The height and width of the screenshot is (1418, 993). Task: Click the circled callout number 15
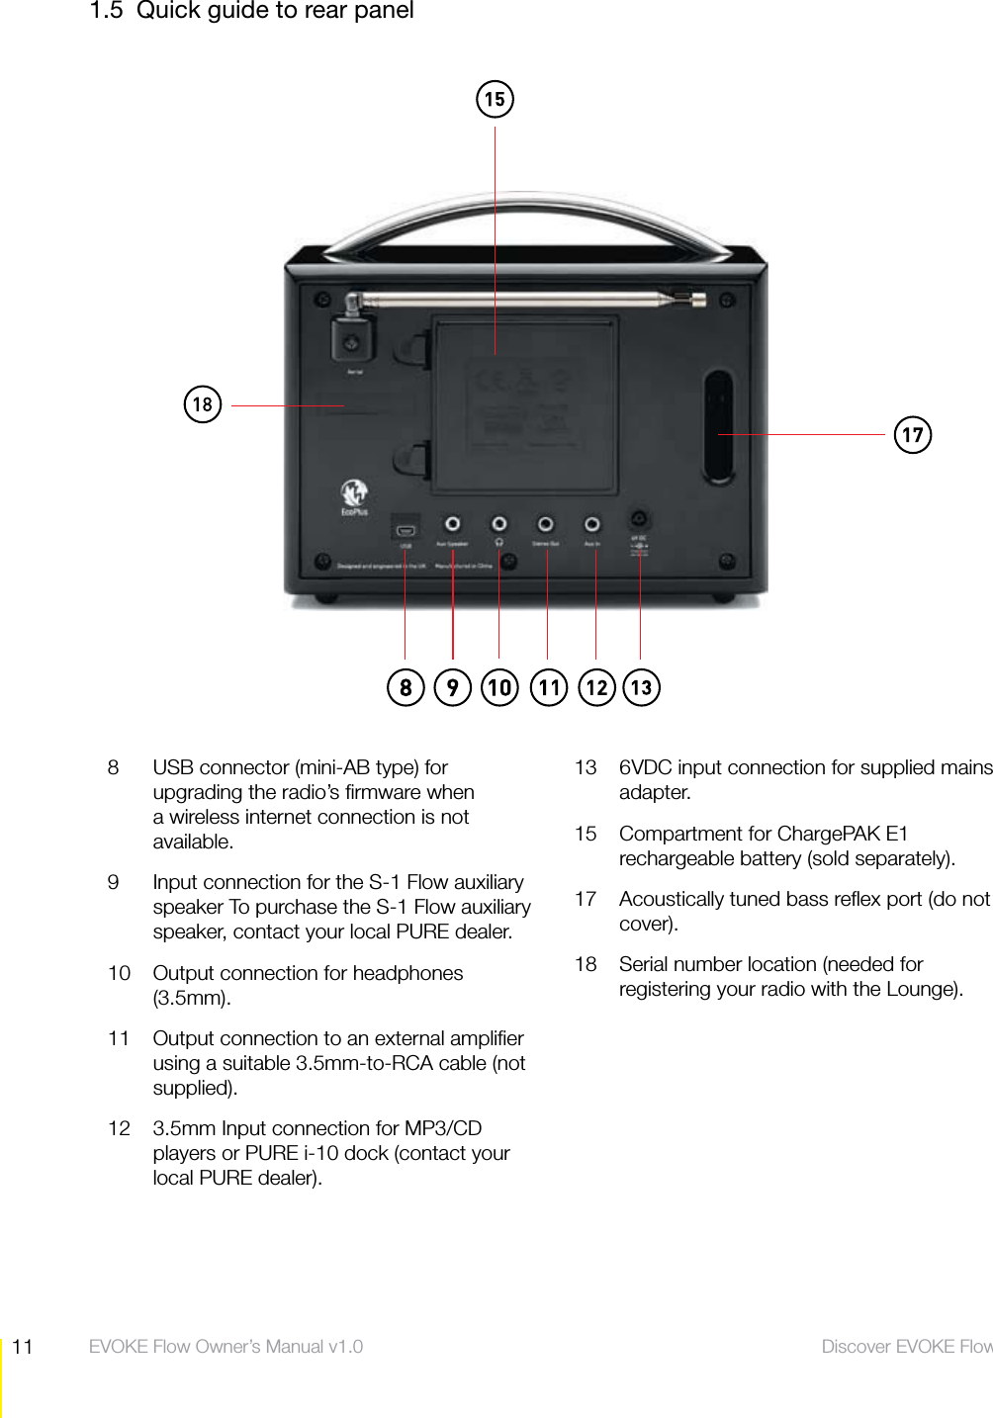pyautogui.click(x=495, y=99)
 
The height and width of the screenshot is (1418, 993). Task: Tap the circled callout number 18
pyautogui.click(x=203, y=404)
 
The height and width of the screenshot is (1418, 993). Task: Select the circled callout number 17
pyautogui.click(x=912, y=434)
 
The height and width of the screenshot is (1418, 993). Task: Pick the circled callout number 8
pyautogui.click(x=406, y=687)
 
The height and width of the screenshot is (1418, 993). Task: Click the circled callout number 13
pyautogui.click(x=641, y=687)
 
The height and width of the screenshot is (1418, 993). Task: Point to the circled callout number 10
pyautogui.click(x=499, y=687)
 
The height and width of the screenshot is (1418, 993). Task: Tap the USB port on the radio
pyautogui.click(x=406, y=527)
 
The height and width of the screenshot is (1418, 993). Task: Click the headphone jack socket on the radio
pyautogui.click(x=499, y=523)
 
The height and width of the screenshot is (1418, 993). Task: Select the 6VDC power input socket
pyautogui.click(x=640, y=519)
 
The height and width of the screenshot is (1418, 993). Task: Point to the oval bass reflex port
pyautogui.click(x=719, y=426)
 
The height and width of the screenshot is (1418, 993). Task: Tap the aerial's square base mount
pyautogui.click(x=351, y=341)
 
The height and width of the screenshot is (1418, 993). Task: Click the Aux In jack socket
pyautogui.click(x=591, y=523)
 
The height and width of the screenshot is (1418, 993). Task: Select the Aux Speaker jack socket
pyautogui.click(x=452, y=523)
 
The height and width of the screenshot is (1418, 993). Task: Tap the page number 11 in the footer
pyautogui.click(x=23, y=1347)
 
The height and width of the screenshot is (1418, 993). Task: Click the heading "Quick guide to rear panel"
pyautogui.click(x=275, y=11)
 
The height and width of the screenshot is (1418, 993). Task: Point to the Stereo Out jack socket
pyautogui.click(x=545, y=523)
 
